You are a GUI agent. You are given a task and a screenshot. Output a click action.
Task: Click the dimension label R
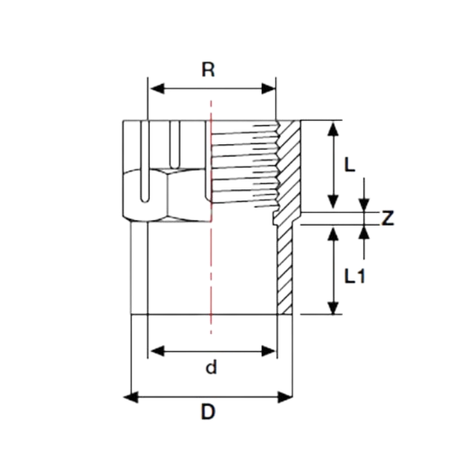(x=208, y=69)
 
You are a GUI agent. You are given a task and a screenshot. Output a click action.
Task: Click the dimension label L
(x=349, y=165)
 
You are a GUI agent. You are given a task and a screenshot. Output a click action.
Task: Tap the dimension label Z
(x=387, y=218)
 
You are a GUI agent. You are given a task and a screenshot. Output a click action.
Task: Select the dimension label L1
(x=354, y=276)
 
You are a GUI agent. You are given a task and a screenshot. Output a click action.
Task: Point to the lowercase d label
(x=211, y=367)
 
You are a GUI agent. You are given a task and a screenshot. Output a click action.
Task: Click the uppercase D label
(x=208, y=412)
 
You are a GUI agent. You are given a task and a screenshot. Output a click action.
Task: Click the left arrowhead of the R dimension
(x=157, y=89)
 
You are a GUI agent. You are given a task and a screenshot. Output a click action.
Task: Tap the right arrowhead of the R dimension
(x=268, y=89)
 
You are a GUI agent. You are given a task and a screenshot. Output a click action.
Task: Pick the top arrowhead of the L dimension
(x=333, y=128)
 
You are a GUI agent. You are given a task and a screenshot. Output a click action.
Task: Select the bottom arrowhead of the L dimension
(x=333, y=201)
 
